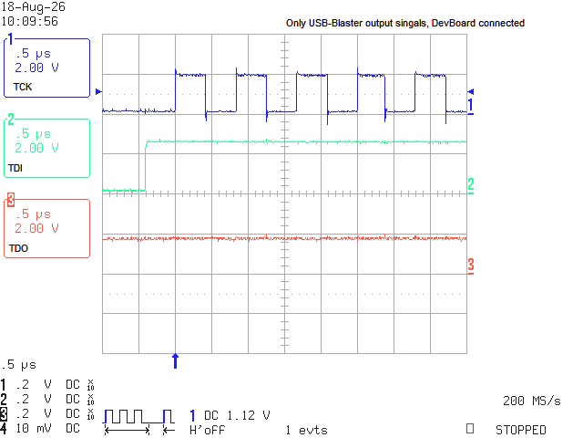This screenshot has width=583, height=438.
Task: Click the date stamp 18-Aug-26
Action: coord(34,6)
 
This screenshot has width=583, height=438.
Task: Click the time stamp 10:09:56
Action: coord(30,21)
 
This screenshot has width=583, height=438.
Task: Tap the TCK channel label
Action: coord(23,87)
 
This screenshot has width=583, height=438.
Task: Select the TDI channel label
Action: coord(15,168)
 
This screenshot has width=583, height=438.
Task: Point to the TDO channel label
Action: coord(18,248)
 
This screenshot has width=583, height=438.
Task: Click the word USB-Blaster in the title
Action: coord(336,23)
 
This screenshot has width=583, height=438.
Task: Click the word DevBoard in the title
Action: coord(454,23)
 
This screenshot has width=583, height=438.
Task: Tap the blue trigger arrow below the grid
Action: coord(175,361)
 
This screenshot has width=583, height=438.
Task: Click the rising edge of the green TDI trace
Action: coord(146,166)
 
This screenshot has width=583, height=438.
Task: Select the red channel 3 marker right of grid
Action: coord(471,266)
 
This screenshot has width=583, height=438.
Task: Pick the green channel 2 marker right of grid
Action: coord(471,185)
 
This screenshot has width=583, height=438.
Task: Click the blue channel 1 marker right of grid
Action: coord(471,106)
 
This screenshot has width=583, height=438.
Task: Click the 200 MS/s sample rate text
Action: coord(532,401)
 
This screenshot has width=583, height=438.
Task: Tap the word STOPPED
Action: coord(520,430)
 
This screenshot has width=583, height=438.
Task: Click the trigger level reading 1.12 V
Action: coord(249,415)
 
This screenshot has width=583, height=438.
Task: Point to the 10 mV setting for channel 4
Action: coord(33,428)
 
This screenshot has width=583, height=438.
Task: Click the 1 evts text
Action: coord(307,430)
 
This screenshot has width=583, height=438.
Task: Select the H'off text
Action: coord(207,430)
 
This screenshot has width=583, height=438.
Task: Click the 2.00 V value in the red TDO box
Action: coord(36,228)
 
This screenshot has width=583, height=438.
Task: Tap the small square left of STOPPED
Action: coord(470,429)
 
